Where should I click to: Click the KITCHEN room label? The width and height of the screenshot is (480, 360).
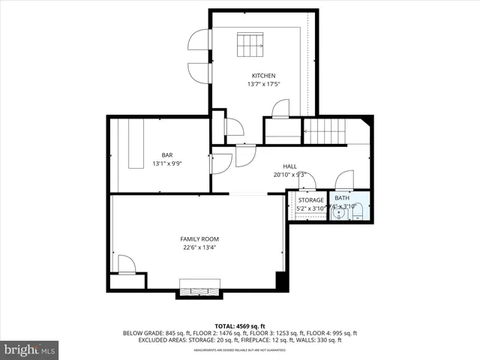pos(263,76)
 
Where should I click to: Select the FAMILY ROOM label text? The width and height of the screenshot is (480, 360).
pos(199,239)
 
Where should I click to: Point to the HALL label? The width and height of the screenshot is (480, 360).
pos(289,166)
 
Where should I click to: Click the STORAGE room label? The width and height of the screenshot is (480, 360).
pos(310,200)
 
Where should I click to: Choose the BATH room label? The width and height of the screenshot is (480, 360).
pos(341,199)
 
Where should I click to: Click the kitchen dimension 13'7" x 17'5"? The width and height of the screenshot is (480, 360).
pos(263,84)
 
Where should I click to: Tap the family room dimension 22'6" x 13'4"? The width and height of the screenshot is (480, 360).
pos(199,247)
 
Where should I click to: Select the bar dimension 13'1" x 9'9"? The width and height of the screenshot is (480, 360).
pos(166,163)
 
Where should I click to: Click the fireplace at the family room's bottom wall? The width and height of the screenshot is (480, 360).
pos(199,288)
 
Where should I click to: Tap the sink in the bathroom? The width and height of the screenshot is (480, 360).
pos(341,213)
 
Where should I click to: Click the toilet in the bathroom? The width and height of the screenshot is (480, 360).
pos(358,211)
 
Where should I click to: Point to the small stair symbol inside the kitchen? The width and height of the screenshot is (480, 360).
pos(251,44)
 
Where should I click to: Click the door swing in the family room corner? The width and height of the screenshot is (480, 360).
pos(126,264)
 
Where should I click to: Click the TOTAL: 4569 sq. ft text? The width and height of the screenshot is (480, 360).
pos(239,325)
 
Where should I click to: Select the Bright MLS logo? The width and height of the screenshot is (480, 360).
pos(30,349)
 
